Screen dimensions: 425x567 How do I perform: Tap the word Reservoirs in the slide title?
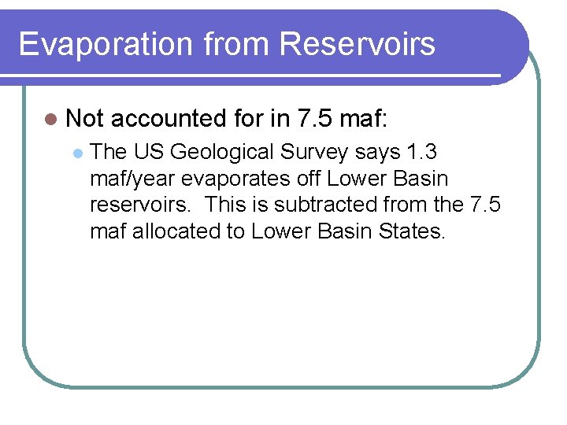point(357,44)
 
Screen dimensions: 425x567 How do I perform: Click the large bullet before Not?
point(51,119)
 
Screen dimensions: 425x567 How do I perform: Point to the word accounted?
point(169,119)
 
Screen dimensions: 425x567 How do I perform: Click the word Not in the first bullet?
point(85,119)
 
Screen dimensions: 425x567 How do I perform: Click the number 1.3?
point(426,152)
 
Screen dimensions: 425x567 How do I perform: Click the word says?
point(378,152)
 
